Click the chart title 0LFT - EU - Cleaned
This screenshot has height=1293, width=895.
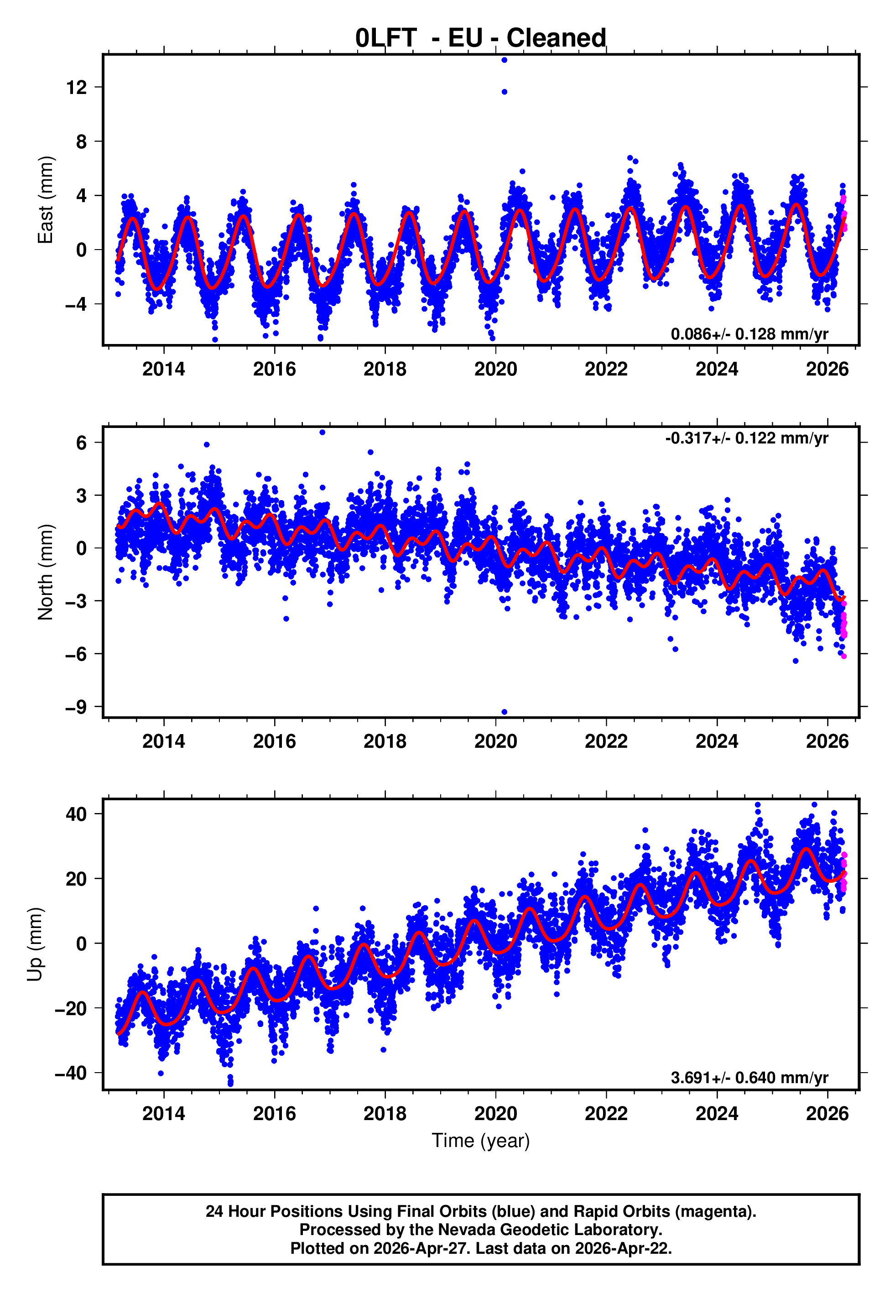(481, 38)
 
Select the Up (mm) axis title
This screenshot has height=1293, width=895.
(35, 944)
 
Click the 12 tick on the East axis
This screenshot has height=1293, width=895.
(76, 88)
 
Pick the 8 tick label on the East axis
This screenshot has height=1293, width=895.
(81, 142)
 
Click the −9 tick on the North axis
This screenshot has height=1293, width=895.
(76, 707)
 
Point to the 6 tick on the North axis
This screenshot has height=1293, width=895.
(81, 443)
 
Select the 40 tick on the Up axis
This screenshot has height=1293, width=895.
(76, 814)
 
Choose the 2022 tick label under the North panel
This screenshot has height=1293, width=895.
(606, 741)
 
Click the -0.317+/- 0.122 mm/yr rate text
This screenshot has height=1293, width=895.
(746, 438)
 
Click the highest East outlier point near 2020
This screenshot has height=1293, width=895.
(504, 60)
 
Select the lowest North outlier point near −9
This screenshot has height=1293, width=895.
(504, 712)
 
